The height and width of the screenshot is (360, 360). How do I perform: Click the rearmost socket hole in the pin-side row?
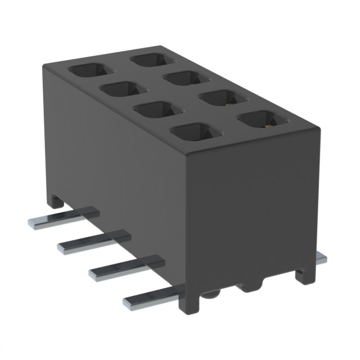90,71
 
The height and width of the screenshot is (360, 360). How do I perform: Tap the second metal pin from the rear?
64,246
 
